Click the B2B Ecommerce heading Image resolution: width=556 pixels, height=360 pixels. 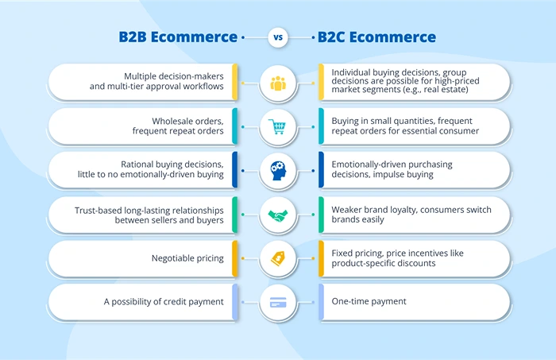(178, 37)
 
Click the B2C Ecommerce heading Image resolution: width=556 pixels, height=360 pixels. (376, 37)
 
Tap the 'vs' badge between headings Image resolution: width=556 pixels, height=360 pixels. (278, 37)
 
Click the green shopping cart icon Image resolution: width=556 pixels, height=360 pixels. (277, 126)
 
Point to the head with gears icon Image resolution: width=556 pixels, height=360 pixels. (277, 170)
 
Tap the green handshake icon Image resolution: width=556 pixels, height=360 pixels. (277, 215)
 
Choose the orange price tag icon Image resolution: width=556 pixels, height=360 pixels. (277, 258)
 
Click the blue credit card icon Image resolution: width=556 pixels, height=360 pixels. (277, 302)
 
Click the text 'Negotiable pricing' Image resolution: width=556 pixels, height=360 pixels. (187, 258)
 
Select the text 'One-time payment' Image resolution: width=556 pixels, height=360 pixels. (369, 302)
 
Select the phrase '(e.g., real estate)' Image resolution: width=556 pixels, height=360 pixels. (428, 90)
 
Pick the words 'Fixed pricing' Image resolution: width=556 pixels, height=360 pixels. (358, 253)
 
